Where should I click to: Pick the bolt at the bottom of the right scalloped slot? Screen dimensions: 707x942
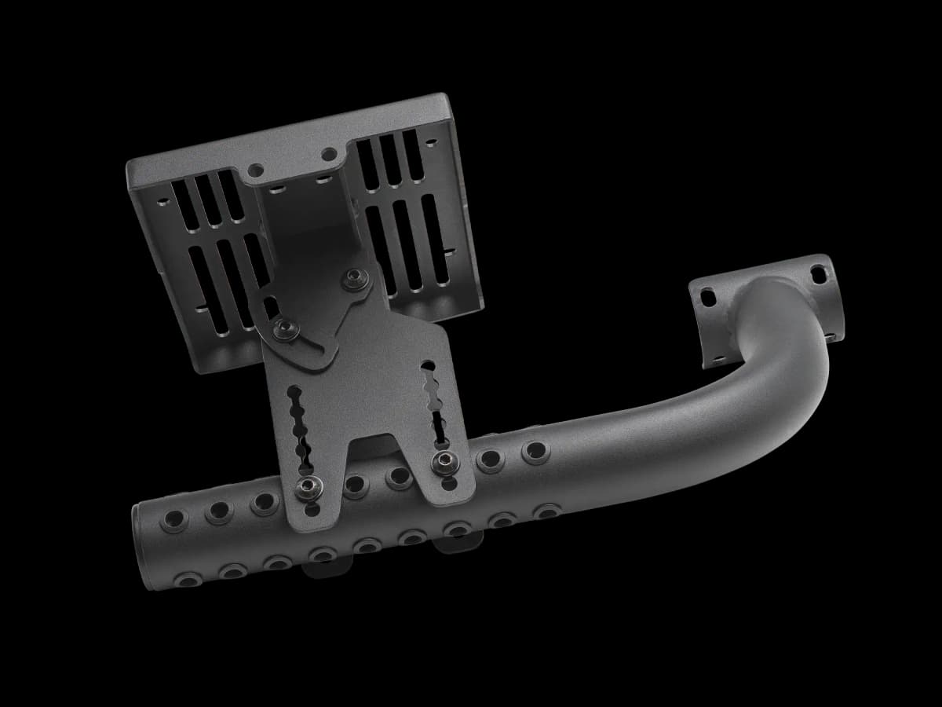444,461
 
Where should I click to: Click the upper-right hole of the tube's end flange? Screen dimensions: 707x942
818,274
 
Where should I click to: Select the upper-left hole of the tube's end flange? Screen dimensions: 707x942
708,298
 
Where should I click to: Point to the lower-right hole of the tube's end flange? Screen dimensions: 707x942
830,334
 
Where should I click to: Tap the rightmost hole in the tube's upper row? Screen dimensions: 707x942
535,451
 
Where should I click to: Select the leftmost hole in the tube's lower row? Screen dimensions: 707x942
188,579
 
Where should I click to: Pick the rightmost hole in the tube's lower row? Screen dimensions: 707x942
545,512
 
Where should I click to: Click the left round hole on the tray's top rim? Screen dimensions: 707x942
256,169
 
